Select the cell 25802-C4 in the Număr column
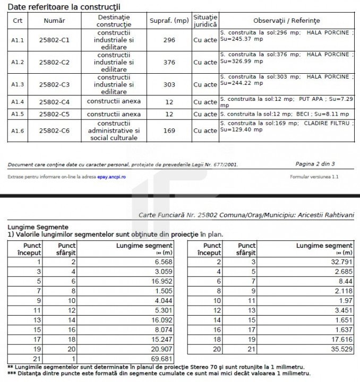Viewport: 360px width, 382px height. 54,102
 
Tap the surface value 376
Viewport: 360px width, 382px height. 169,63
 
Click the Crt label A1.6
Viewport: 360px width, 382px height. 18,131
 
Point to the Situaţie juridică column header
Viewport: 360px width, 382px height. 205,21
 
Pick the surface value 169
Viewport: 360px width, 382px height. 169,131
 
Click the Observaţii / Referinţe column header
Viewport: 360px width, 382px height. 286,21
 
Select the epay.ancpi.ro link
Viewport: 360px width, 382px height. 111,176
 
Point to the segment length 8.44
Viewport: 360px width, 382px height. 345,281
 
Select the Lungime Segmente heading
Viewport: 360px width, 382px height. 38,227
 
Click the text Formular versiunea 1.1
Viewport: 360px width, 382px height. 314,176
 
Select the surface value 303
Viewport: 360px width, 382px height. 169,85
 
